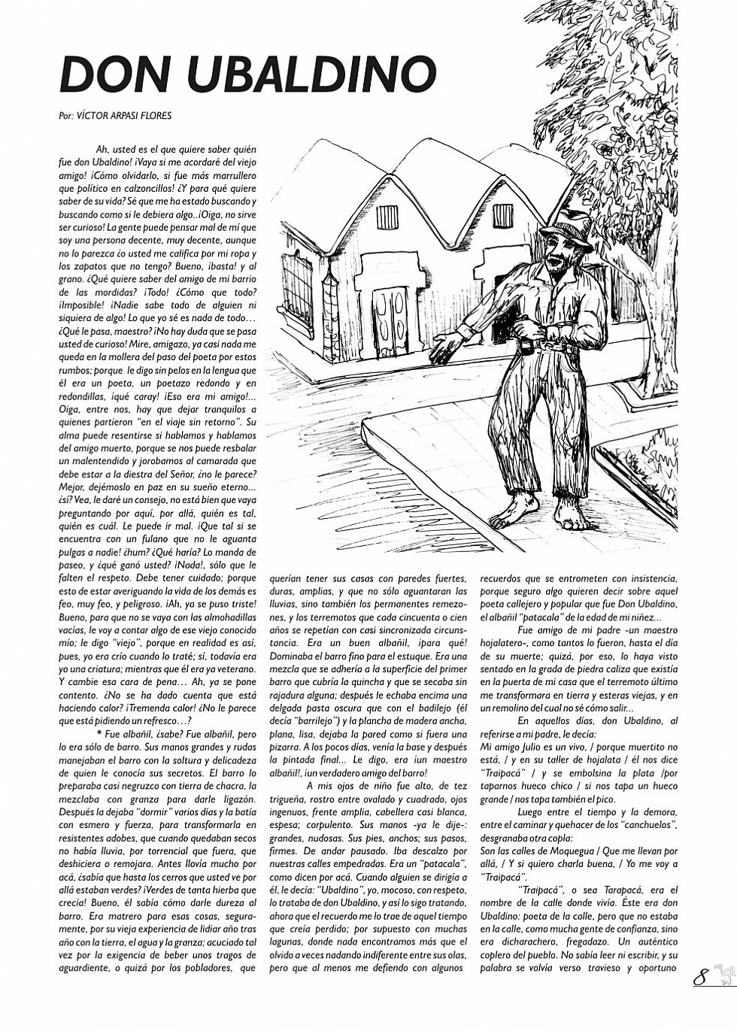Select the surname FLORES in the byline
156,117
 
